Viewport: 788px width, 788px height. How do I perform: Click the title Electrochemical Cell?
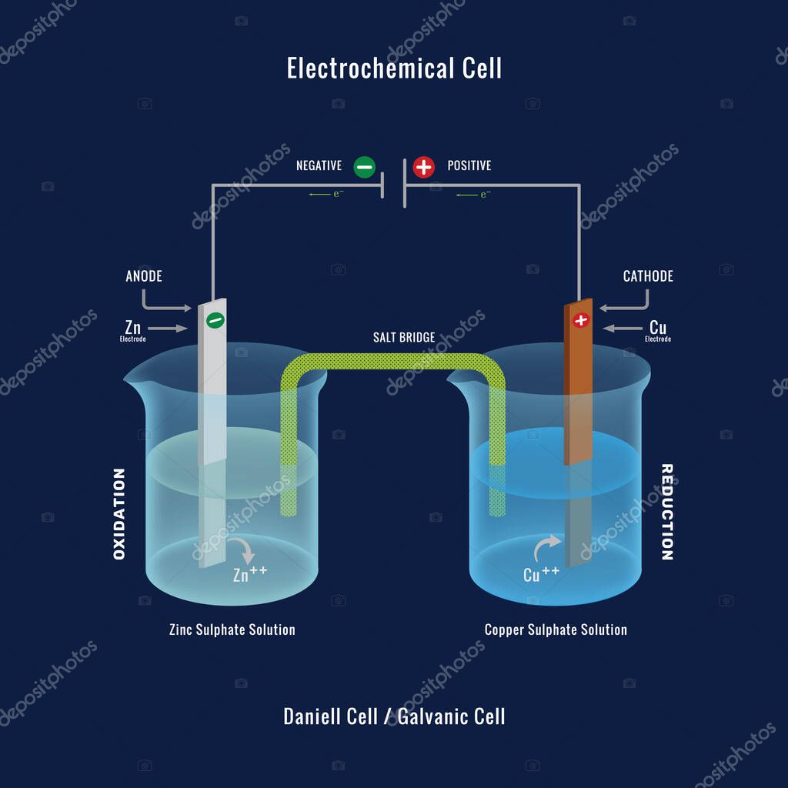click(394, 68)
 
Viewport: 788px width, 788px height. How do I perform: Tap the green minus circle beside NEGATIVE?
click(364, 166)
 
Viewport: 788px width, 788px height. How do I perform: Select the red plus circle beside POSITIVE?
click(423, 166)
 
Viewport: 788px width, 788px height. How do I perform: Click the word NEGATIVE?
click(319, 166)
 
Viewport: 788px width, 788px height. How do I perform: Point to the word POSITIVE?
click(469, 166)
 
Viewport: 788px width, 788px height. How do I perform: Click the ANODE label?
click(144, 276)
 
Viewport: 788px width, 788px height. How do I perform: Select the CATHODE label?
click(648, 276)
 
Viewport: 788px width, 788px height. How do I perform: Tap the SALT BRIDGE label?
click(404, 338)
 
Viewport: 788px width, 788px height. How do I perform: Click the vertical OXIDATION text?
click(119, 513)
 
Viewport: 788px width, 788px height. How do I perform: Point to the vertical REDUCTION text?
click(667, 512)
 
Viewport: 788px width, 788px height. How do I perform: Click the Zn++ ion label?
click(250, 573)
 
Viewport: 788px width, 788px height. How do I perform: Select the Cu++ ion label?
click(541, 573)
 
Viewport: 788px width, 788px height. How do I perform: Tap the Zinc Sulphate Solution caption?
click(232, 629)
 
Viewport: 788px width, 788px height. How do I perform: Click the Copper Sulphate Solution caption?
click(556, 629)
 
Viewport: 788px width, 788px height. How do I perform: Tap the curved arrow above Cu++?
click(543, 549)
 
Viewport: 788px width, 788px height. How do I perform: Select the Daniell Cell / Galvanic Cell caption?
click(394, 716)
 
